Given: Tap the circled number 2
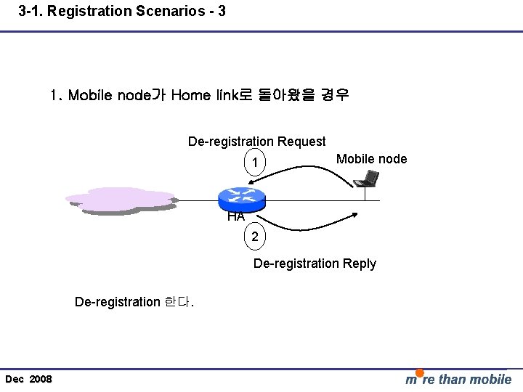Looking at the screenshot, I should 254,237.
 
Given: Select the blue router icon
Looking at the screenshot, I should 240,195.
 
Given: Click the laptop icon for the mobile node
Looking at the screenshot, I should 370,179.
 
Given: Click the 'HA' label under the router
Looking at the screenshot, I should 235,216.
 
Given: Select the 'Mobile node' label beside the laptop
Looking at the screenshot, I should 372,159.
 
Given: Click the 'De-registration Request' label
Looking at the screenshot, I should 256,141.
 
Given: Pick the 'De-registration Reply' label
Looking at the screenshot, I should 315,263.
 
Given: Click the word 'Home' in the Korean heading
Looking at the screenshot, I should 192,95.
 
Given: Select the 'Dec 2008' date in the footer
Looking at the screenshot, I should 28,379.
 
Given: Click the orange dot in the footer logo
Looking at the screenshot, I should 420,373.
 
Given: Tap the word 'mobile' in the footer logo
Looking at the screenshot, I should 490,379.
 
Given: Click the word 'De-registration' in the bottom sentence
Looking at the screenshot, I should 117,301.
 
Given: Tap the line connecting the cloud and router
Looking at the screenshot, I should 196,200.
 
